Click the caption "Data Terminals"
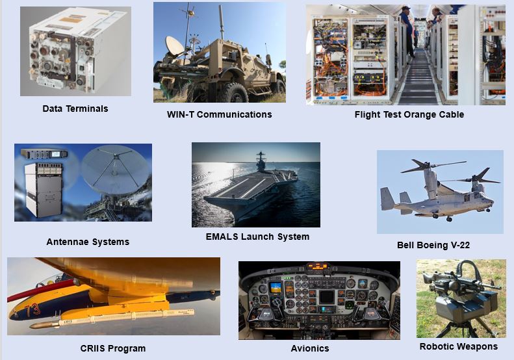point(75,109)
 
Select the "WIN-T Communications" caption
point(219,114)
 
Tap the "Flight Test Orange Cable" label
point(409,114)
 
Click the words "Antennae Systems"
point(88,242)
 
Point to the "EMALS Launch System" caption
point(257,237)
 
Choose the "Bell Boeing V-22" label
point(433,245)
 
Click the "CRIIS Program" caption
point(113,348)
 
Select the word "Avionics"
point(310,348)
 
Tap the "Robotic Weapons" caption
point(459,346)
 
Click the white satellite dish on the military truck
point(174,46)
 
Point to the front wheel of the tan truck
point(233,93)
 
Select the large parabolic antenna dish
point(116,170)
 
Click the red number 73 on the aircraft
point(32,309)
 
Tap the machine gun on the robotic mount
point(459,279)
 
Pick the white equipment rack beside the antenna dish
point(44,190)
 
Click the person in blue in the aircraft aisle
point(407,31)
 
